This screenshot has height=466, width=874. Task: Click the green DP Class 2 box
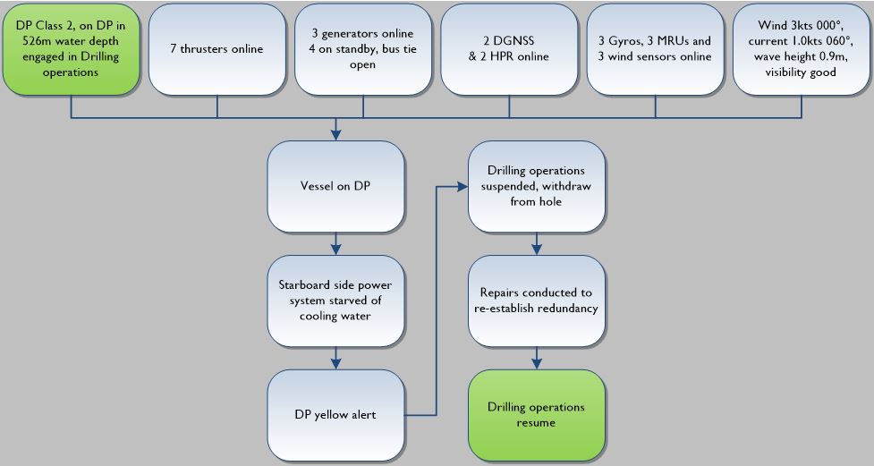[x=71, y=49]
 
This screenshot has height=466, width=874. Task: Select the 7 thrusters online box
[x=217, y=49]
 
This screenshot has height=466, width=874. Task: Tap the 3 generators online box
[x=363, y=49]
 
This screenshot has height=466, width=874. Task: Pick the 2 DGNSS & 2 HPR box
[x=509, y=49]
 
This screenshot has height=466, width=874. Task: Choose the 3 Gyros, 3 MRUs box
[x=656, y=49]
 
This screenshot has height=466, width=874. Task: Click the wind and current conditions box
[x=802, y=49]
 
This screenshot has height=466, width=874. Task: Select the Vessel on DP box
[x=335, y=189]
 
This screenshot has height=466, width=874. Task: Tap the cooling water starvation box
[x=335, y=301]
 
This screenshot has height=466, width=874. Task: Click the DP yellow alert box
[x=335, y=414]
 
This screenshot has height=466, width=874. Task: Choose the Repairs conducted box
[x=536, y=301]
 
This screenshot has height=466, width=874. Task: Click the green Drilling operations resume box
[x=536, y=414]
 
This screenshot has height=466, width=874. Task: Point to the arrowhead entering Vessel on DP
[x=335, y=134]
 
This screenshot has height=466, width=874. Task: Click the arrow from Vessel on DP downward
[x=335, y=245]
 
